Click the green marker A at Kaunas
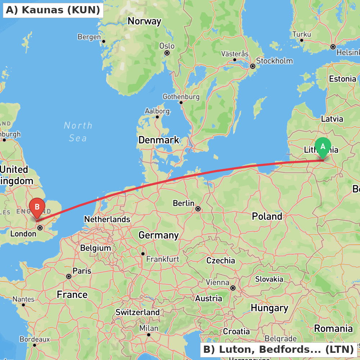coord(323,147)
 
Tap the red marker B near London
coord(37,208)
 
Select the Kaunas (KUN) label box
coord(53,10)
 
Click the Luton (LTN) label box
coord(278,349)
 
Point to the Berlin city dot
coord(198,208)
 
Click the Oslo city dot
coord(167,53)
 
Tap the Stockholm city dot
coord(253,66)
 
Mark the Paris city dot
coord(69,276)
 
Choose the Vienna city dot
coord(233,288)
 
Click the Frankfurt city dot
coord(143,253)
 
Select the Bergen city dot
coord(103,41)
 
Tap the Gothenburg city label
coord(181,97)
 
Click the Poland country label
coord(267,216)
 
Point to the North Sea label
coord(78,131)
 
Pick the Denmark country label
coord(159,140)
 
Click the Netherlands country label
coord(107,219)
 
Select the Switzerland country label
coord(138,312)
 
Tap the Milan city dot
coord(148,334)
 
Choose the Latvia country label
coord(332,118)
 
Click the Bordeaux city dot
coord(35,345)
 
